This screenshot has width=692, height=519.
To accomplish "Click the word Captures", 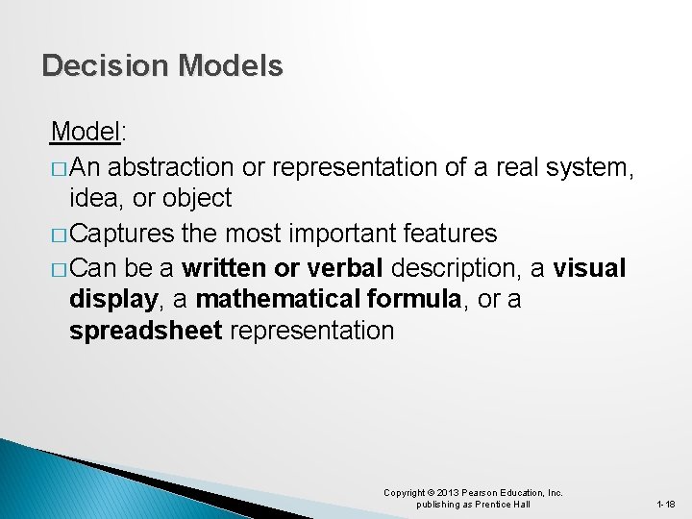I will point(122,234).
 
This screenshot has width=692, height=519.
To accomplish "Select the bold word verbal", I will point(343,266).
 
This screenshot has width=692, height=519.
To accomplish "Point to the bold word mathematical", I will point(278,299).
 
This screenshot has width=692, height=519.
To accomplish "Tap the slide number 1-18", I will point(665,504).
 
